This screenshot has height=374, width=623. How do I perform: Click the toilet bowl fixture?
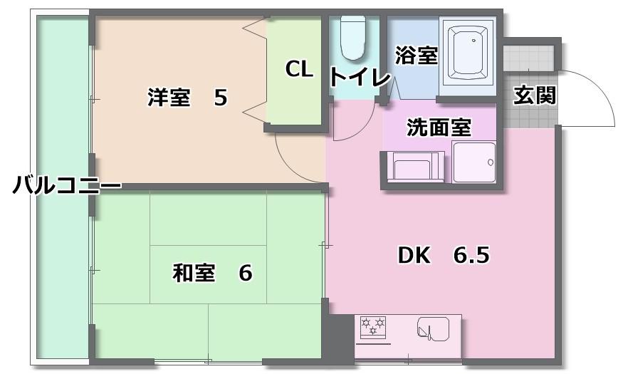click(x=353, y=38)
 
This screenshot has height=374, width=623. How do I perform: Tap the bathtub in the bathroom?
click(x=468, y=53)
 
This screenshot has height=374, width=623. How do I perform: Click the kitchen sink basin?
click(x=433, y=329)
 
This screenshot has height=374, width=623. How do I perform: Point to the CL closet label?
click(x=299, y=69)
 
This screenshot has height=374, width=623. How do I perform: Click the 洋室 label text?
click(x=169, y=97)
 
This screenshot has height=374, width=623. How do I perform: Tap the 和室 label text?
click(x=194, y=273)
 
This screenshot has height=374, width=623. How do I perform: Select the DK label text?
click(x=414, y=255)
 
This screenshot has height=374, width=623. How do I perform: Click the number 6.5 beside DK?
click(x=471, y=255)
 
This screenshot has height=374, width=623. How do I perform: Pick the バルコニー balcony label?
click(x=67, y=185)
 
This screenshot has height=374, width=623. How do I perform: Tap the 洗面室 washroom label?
click(x=439, y=128)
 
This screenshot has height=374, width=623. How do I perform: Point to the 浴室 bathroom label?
click(x=417, y=56)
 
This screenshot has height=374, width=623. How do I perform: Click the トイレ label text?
click(x=360, y=77)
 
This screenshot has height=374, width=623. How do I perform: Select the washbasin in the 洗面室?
click(x=473, y=162)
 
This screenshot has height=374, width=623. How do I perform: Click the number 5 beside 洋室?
click(x=221, y=97)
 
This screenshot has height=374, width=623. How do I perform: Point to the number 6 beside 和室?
click(x=245, y=273)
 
